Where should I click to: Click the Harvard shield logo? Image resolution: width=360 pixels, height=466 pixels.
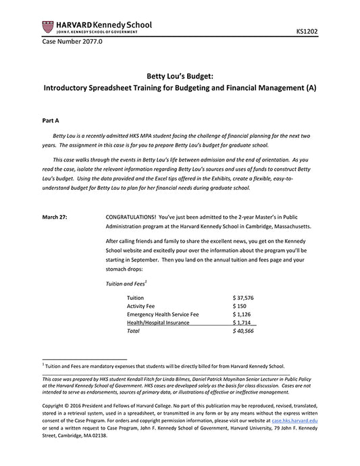(47, 26)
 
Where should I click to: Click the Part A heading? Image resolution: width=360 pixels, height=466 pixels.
(51, 120)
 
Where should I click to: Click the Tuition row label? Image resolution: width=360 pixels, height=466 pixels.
(136, 297)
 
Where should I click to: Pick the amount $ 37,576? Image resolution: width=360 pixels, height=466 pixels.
(242, 297)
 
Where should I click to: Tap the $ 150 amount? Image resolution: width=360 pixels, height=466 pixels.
(238, 306)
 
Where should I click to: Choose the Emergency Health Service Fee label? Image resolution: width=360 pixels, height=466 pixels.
(163, 314)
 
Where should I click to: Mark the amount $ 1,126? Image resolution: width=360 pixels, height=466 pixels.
(241, 314)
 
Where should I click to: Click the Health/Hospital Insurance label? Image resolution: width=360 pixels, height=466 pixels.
(158, 323)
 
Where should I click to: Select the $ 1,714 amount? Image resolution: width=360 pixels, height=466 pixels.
(241, 323)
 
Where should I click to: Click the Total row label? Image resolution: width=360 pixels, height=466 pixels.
(134, 332)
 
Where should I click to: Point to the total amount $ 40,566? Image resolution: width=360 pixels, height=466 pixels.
(242, 332)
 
